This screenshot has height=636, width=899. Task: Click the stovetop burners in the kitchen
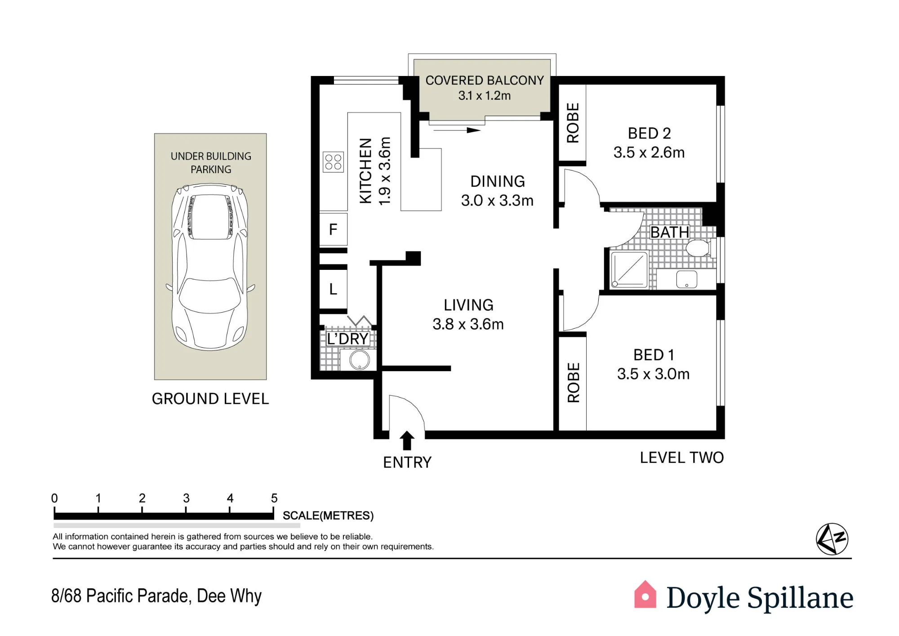pyautogui.click(x=333, y=162)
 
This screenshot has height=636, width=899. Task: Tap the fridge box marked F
pyautogui.click(x=333, y=229)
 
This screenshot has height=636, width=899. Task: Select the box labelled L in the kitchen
pyautogui.click(x=333, y=289)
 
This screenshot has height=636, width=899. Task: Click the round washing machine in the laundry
pyautogui.click(x=359, y=360)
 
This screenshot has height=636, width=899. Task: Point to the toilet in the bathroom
pyautogui.click(x=697, y=248)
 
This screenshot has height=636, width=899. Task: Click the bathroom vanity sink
pyautogui.click(x=686, y=279)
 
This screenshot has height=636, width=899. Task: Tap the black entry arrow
pyautogui.click(x=407, y=440)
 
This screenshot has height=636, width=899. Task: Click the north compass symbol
pyautogui.click(x=832, y=539)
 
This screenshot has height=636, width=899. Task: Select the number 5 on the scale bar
pyautogui.click(x=274, y=498)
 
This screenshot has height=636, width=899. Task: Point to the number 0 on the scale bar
pyautogui.click(x=54, y=498)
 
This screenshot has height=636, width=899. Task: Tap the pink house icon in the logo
pyautogui.click(x=645, y=594)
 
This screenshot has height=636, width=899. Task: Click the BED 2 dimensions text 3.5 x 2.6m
pyautogui.click(x=649, y=152)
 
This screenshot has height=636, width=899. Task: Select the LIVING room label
pyautogui.click(x=468, y=305)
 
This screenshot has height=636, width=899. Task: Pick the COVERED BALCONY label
pyautogui.click(x=485, y=80)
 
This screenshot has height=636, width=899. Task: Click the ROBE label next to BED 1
pyautogui.click(x=573, y=382)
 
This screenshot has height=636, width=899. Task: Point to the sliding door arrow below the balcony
pyautogui.click(x=457, y=130)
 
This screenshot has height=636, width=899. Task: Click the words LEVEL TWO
pyautogui.click(x=682, y=457)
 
